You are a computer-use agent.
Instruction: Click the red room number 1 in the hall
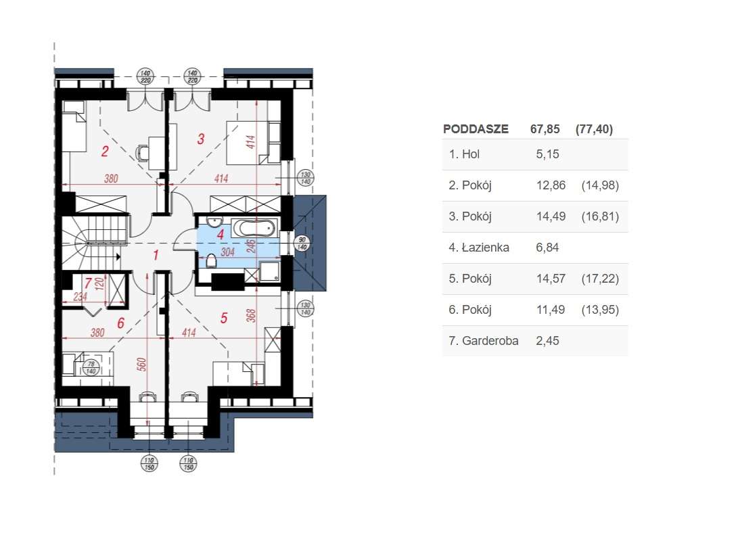156,255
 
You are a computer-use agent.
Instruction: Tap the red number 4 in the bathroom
220,234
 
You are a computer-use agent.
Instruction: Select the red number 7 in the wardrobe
87,283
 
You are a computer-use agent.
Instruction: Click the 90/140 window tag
301,243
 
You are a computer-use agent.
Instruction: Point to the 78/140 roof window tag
89,367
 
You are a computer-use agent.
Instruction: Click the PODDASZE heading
475,129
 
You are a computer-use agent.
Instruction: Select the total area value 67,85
545,129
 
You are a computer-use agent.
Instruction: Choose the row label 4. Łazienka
479,248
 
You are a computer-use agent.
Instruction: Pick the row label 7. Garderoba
484,341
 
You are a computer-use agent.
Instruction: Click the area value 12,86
550,185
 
